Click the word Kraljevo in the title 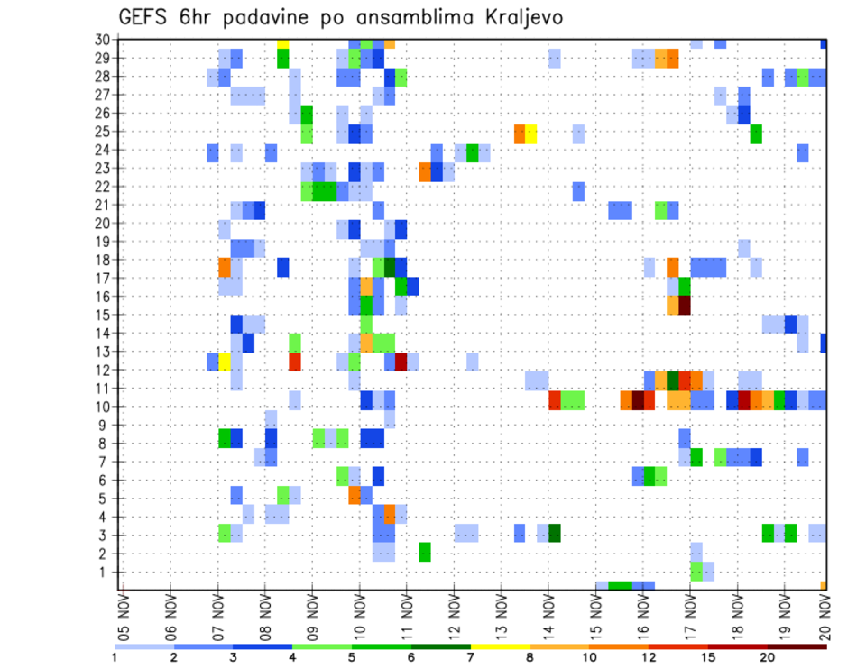[x=524, y=18]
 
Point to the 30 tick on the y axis [x=103, y=40]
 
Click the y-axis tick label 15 [x=103, y=315]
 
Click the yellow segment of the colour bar [x=500, y=646]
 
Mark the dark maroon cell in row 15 [x=685, y=306]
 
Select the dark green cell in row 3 [x=555, y=533]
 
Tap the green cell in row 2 [x=425, y=552]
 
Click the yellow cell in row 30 [x=283, y=42]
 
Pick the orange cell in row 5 [x=355, y=496]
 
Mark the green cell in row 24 [x=472, y=152]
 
